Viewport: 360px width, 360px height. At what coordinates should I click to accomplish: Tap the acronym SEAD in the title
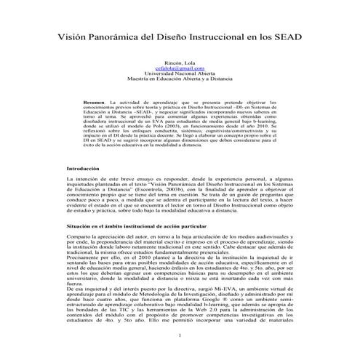pyautogui.click(x=287, y=37)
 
